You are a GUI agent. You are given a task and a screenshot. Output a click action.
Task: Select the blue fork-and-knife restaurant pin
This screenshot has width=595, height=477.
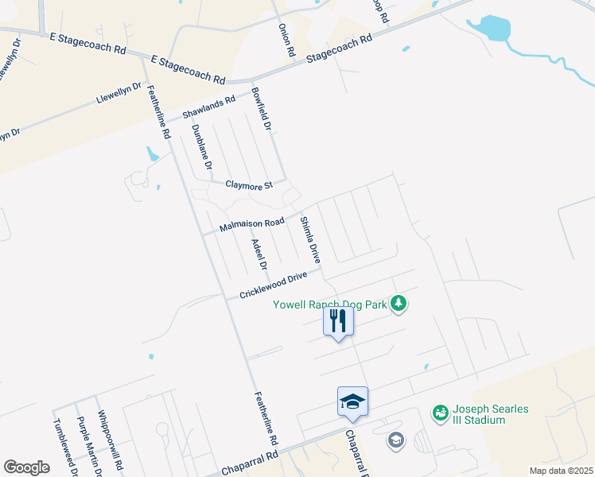click(338, 321)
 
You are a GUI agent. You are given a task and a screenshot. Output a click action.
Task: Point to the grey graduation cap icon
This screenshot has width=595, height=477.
click(395, 440)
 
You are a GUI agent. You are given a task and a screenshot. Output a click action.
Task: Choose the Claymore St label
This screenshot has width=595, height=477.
click(248, 184)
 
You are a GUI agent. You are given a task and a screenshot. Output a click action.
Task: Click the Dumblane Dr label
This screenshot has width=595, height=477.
click(202, 147)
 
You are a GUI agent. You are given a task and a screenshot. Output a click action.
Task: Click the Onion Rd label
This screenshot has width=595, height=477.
click(286, 39)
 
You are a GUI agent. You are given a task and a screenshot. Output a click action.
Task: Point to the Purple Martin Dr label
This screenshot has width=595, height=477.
click(88, 447)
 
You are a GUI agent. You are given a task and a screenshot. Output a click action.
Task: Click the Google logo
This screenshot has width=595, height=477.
click(27, 467)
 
